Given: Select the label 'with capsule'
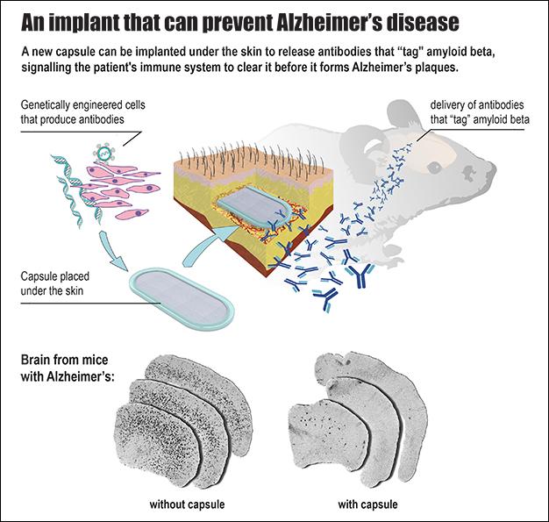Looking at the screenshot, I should (367, 504).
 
